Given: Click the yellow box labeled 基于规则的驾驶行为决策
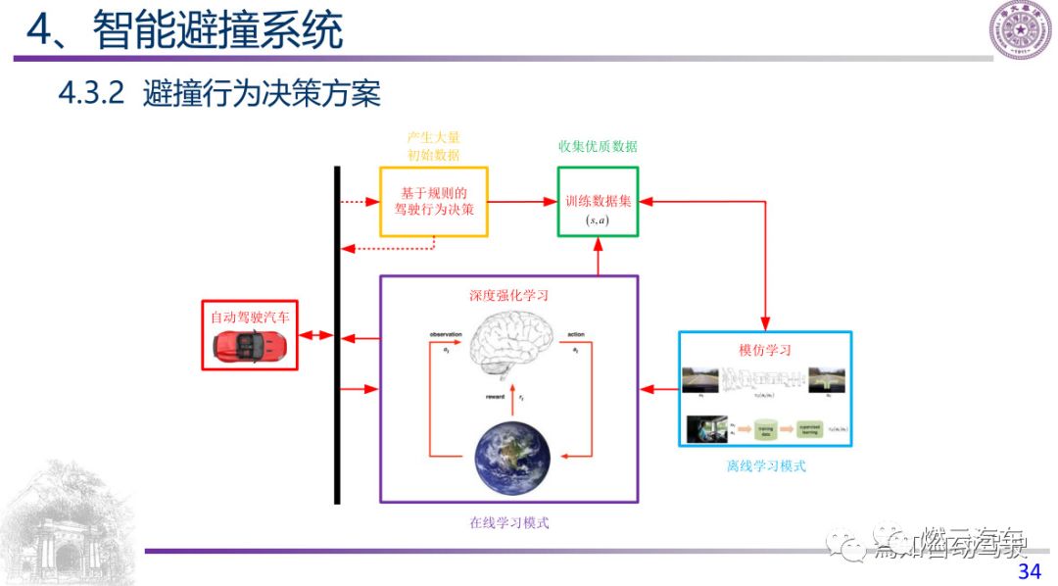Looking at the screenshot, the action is [433, 201].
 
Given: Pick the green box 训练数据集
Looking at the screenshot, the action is [598, 201].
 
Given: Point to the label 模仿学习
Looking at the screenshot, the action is [764, 350].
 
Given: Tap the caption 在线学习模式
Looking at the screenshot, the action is [508, 522].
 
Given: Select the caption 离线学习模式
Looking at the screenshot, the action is [765, 465].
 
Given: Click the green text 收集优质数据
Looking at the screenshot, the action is [597, 146].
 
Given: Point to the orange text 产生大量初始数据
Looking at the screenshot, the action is [433, 146].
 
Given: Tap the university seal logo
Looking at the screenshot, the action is [1019, 29].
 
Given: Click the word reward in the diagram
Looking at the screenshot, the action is [495, 397].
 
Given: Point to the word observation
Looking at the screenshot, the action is [445, 335].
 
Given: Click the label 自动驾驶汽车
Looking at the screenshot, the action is [250, 317].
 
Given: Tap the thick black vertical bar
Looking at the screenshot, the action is [336, 334].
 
